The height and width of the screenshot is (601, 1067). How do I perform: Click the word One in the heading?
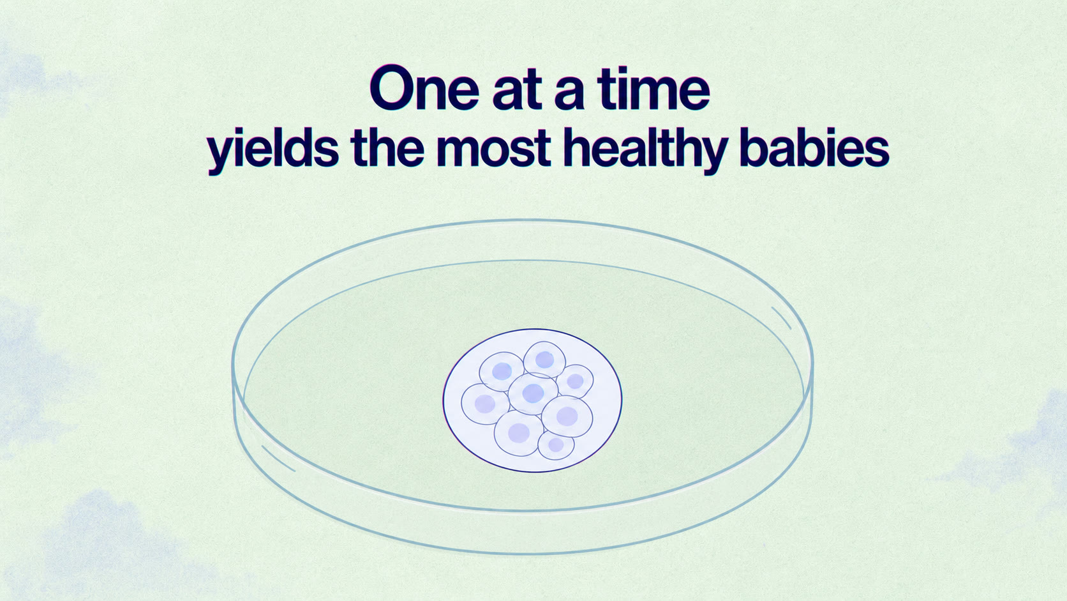coord(424,88)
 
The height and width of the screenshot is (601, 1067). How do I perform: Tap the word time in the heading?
coord(653,88)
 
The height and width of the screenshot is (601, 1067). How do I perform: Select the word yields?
coord(272,148)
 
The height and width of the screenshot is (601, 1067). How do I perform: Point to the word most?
coord(494,148)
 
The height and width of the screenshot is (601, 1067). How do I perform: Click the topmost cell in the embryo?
coord(544,360)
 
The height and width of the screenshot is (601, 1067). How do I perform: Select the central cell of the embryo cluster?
coord(533,393)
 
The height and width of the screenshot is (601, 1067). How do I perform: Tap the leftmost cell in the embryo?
coord(485,404)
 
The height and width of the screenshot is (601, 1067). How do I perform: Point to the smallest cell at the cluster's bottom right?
coord(556,445)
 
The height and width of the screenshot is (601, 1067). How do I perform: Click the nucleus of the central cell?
coord(533,393)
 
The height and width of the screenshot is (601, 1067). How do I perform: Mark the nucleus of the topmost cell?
coord(544,360)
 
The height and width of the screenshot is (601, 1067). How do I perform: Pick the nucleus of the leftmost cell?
coord(485,404)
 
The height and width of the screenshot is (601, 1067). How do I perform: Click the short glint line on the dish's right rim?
coord(781,318)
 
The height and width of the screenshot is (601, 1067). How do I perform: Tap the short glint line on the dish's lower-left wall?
coord(278,459)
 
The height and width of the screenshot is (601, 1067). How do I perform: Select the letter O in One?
coord(391,88)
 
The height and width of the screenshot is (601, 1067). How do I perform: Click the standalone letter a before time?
coord(569,92)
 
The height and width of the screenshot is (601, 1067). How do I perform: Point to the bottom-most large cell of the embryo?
coord(518,433)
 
